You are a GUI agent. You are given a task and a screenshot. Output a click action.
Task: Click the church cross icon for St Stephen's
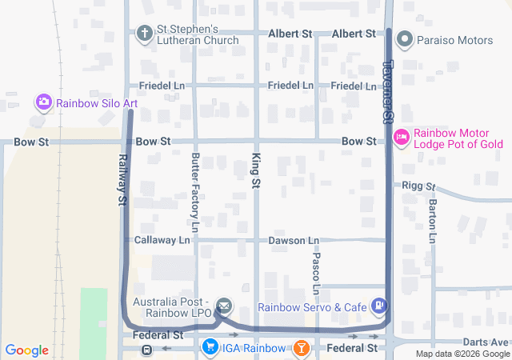click(144, 34)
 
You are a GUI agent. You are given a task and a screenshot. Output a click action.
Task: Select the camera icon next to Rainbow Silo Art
click(44, 102)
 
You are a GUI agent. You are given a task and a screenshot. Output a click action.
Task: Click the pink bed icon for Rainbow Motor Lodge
click(402, 138)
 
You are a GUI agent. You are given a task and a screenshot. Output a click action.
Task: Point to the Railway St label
click(123, 181)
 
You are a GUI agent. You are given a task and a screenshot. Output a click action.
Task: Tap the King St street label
click(256, 172)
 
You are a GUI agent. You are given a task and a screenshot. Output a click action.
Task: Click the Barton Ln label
click(432, 222)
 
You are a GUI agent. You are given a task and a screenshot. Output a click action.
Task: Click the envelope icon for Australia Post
click(224, 305)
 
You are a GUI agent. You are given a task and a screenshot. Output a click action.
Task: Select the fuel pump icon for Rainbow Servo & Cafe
click(380, 305)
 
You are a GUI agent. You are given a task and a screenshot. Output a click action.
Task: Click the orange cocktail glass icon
click(301, 348)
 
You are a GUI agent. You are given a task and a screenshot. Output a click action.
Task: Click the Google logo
click(26, 350)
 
